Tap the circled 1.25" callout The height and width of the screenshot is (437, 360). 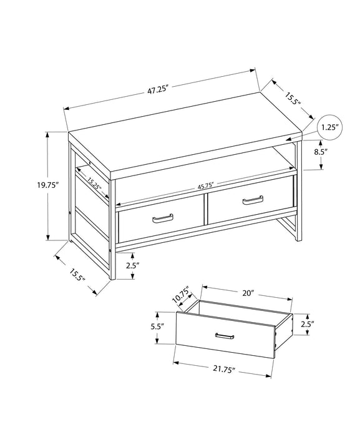tap(329, 127)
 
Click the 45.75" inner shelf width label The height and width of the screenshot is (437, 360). tap(206, 185)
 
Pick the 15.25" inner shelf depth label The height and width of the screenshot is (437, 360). tap(94, 184)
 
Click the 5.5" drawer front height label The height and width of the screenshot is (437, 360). tap(157, 326)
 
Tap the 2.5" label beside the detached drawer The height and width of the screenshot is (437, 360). tap(307, 323)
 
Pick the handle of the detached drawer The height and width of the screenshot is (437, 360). tap(224, 337)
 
